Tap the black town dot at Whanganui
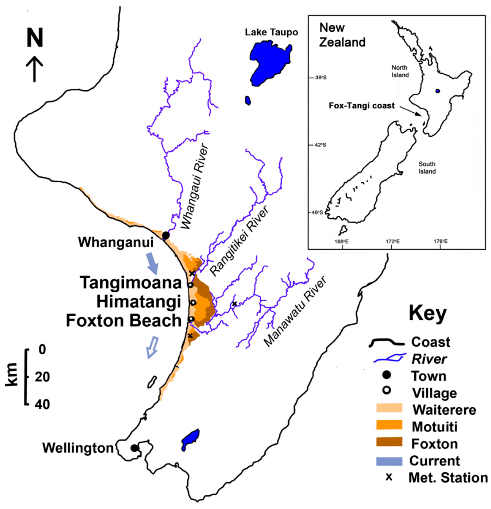click(165, 235)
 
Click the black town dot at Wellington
click(134, 448)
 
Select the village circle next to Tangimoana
click(190, 285)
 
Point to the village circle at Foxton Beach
click(191, 319)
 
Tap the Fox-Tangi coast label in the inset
click(361, 106)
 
